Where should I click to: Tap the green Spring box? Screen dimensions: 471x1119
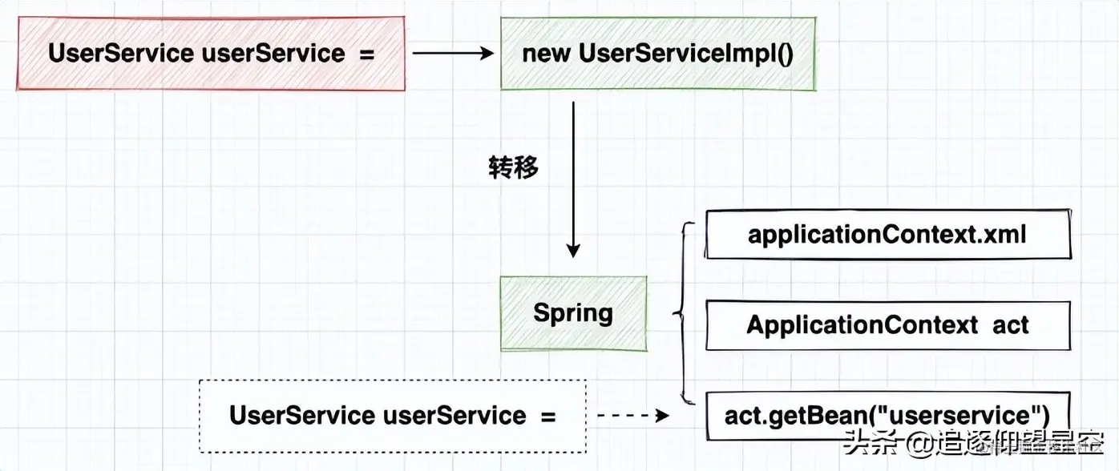coord(573,313)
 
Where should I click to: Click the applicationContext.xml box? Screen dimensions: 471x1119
coord(887,234)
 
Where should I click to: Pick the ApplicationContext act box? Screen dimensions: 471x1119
coord(887,325)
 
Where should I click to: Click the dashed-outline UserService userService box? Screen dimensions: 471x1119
coord(393,416)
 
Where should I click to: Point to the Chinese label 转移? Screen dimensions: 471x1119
coord(514,167)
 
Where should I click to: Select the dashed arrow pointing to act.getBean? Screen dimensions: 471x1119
coord(633,416)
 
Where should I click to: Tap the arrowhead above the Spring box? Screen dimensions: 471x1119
coord(573,250)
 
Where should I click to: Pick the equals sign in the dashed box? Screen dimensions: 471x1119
coord(547,416)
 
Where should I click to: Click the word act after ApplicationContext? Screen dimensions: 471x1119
coord(1010,325)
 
